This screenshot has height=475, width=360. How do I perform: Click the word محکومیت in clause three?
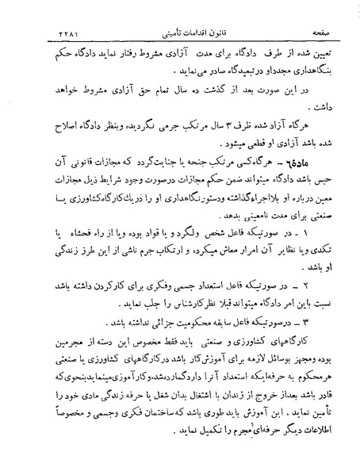(x=191, y=303)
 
